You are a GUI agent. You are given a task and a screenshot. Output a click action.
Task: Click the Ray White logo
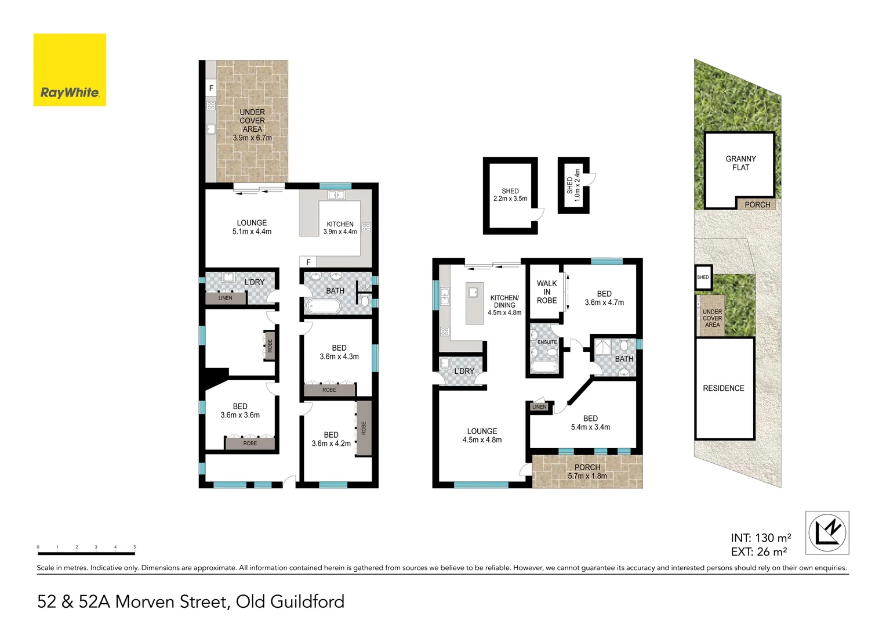tap(70, 70)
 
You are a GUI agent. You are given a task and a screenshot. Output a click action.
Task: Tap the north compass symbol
tap(827, 532)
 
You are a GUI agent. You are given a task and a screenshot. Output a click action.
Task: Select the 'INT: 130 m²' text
tap(761, 538)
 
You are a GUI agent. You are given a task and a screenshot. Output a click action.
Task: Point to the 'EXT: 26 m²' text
tap(758, 552)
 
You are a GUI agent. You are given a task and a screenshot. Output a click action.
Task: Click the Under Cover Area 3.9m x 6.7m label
tap(252, 125)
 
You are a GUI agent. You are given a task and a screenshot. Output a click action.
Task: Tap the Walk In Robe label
tap(546, 292)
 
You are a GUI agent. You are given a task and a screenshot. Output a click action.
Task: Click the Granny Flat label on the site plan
tap(740, 163)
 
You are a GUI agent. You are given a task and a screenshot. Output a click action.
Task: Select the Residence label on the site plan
tap(723, 388)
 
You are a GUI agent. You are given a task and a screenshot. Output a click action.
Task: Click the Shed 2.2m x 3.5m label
tap(510, 195)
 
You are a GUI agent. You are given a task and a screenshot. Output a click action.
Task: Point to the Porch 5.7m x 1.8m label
tap(587, 471)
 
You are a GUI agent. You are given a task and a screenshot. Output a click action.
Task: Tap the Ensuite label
tap(547, 342)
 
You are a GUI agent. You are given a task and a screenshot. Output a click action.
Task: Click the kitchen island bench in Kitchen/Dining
tap(474, 303)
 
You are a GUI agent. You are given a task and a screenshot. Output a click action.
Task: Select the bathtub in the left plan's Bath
tap(324, 306)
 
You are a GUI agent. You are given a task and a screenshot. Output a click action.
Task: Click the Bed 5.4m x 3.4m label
tap(590, 423)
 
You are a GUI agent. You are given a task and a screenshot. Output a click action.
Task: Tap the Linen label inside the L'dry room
tap(225, 298)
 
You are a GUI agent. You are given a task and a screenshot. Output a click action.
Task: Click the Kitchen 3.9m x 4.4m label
tap(340, 228)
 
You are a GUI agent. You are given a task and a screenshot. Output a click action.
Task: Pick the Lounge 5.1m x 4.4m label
tap(252, 227)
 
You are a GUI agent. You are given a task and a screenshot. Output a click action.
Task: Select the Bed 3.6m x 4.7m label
tap(604, 298)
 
